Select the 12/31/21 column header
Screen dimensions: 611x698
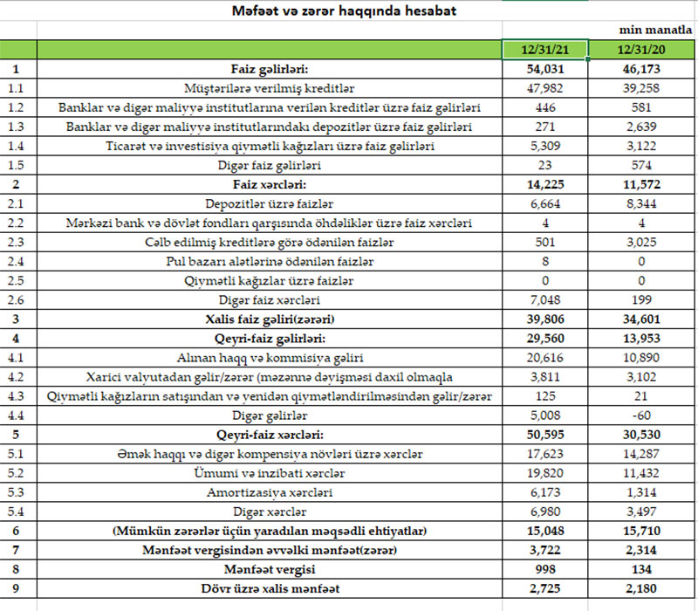tap(545, 49)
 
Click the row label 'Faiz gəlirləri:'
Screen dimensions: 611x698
tap(270, 69)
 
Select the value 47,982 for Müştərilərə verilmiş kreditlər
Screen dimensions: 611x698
tap(545, 88)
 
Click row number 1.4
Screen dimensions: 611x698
tap(18, 146)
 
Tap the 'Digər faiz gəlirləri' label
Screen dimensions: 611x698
tap(270, 165)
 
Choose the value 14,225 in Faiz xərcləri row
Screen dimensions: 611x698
tap(545, 184)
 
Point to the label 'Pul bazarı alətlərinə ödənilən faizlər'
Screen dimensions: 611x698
tap(270, 261)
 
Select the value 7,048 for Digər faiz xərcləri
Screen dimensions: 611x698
tap(545, 299)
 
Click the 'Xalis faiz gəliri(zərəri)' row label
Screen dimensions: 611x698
tap(270, 319)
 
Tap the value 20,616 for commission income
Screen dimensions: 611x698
tap(545, 357)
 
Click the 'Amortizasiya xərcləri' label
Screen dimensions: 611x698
tap(270, 491)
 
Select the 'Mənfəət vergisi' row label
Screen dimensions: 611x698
tap(270, 568)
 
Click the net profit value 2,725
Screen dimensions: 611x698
tap(545, 587)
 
